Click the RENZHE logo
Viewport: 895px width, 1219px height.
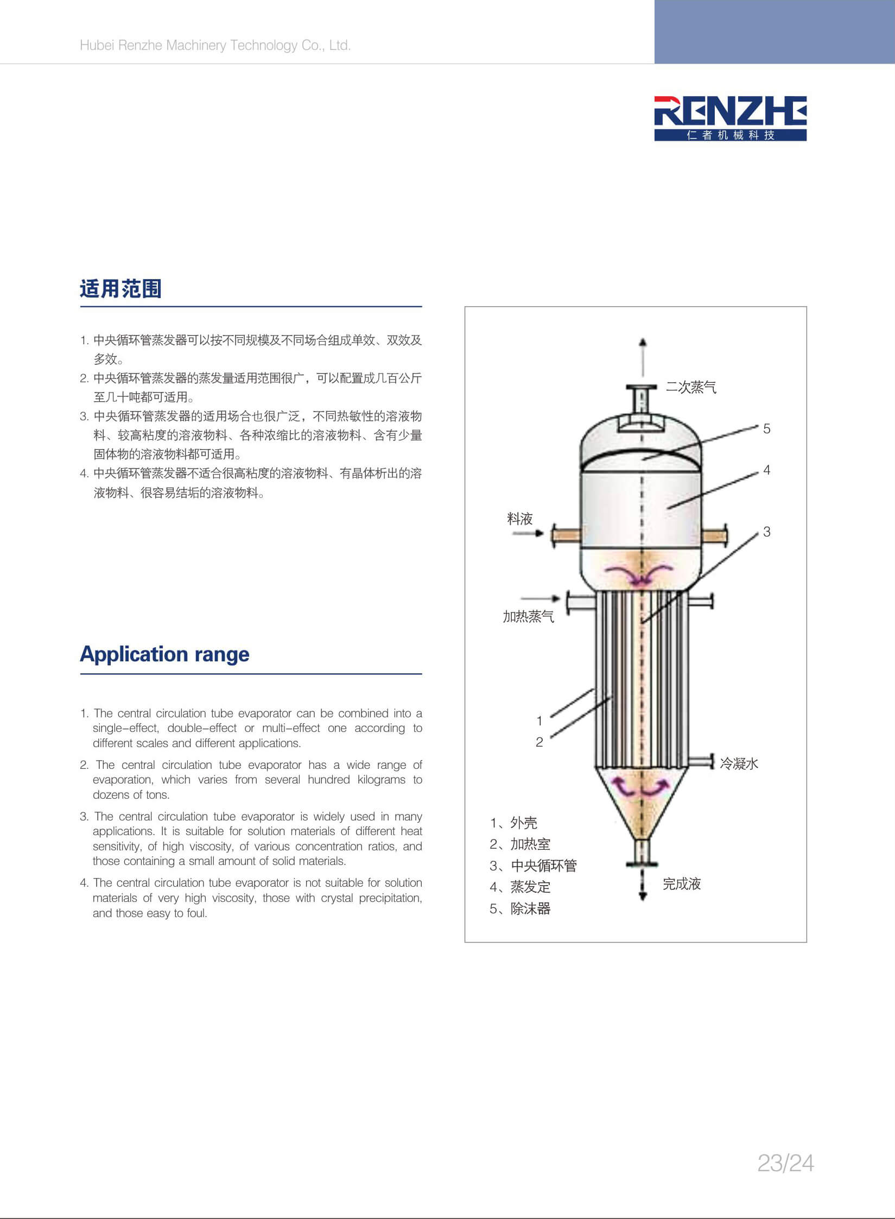[730, 118]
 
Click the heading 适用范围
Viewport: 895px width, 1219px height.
[120, 289]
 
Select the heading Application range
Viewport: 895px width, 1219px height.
[164, 654]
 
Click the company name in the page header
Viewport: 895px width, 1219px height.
[215, 45]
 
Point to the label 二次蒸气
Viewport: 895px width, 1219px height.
[691, 387]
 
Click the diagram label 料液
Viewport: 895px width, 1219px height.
[520, 519]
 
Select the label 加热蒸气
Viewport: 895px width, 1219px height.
[529, 616]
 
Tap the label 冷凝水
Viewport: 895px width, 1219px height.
[739, 763]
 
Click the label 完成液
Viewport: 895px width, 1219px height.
[682, 884]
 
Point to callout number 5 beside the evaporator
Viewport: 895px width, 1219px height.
[766, 429]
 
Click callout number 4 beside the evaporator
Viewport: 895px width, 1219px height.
[766, 470]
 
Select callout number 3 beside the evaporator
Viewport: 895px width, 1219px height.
[766, 532]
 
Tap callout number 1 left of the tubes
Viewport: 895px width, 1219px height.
[539, 721]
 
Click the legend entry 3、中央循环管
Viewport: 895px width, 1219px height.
[533, 866]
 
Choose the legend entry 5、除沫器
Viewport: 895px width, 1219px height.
[520, 909]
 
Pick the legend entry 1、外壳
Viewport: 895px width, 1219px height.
[513, 823]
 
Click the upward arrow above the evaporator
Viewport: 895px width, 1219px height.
[643, 357]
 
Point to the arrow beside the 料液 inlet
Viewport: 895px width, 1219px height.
[528, 533]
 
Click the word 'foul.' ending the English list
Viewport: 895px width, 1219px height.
[196, 913]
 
